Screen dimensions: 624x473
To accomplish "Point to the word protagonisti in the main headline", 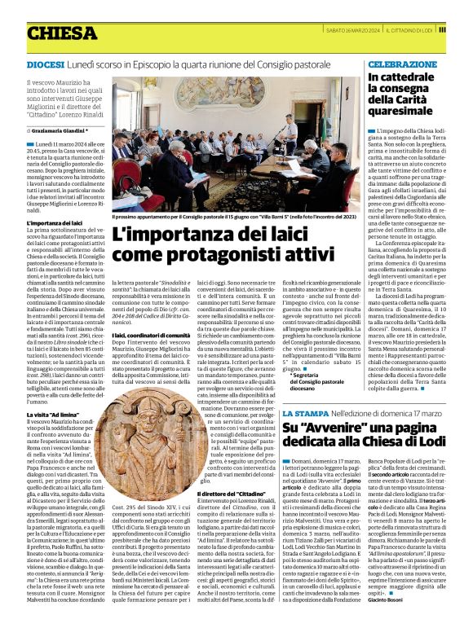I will pyautogui.click(x=196, y=254).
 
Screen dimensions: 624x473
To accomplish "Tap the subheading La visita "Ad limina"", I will pyautogui.click(x=54, y=415).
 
